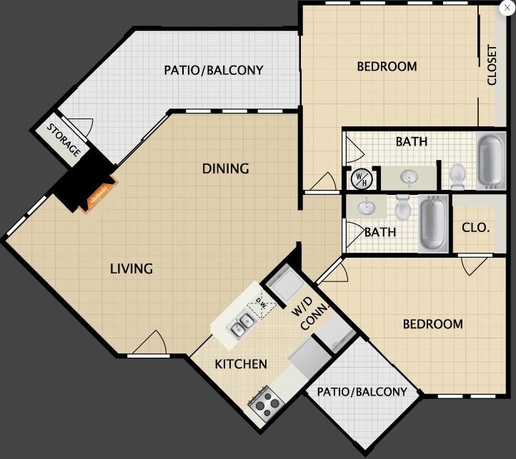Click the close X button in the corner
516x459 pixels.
[507, 8]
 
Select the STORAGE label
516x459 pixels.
[64, 140]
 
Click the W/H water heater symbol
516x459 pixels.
[362, 179]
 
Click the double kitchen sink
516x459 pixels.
[242, 325]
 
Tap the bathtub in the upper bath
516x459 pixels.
[491, 161]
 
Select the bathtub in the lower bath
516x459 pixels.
[433, 223]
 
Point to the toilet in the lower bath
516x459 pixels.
[402, 207]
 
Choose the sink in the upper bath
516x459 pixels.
[409, 178]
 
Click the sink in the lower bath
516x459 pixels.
[366, 208]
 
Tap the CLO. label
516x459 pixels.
[475, 228]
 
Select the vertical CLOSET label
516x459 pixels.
[492, 65]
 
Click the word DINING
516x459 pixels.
[225, 168]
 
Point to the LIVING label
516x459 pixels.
[132, 268]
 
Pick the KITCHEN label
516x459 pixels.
[241, 364]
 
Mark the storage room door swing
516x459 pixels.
[86, 126]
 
